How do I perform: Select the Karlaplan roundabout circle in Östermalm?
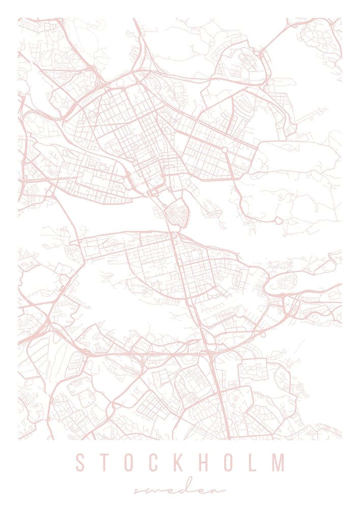(x=225, y=150)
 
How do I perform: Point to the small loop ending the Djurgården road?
(x=279, y=220)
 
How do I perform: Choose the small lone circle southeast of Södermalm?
(x=263, y=334)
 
